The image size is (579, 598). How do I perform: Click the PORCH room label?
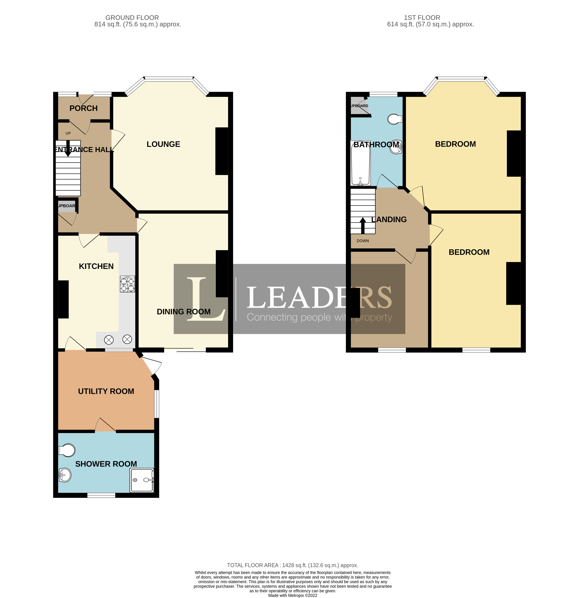84,108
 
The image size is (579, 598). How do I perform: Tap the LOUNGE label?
163,144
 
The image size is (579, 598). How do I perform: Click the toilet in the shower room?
67,450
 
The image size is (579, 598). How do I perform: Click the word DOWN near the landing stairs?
363,241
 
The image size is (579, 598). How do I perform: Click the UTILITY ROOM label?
106,391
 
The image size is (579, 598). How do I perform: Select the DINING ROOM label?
183,311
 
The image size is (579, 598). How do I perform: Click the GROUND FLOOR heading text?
132,18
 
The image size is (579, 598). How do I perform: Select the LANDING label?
389,219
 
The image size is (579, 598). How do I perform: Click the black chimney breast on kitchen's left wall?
63,299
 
